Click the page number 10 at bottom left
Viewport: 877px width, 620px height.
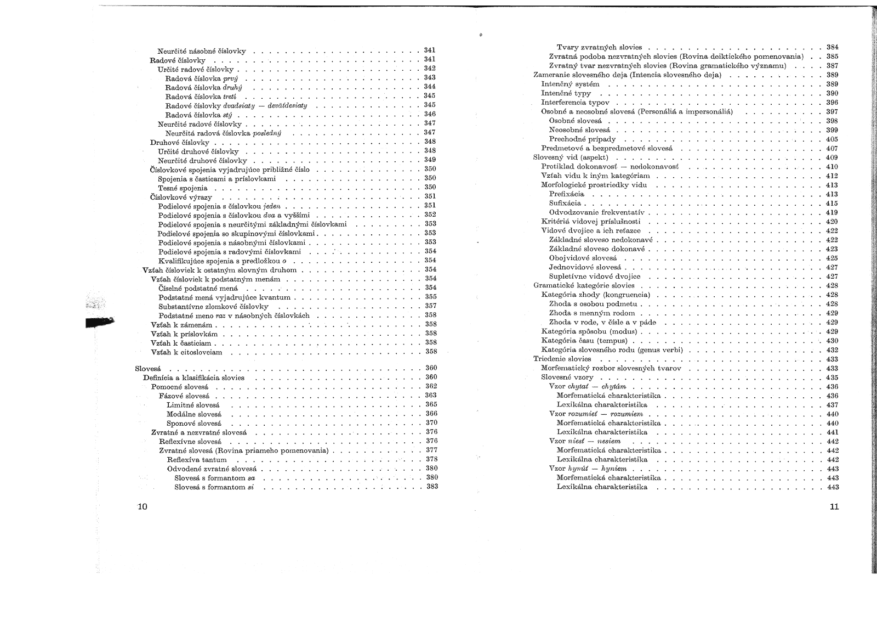(142, 507)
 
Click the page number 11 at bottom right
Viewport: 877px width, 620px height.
(834, 507)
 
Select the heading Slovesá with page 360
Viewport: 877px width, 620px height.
(147, 368)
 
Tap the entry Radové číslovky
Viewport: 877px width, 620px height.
(178, 60)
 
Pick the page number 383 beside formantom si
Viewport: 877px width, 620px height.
(432, 487)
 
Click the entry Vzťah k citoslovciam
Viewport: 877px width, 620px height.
(186, 352)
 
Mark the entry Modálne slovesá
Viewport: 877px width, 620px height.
(193, 414)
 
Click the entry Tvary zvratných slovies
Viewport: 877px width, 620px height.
(599, 47)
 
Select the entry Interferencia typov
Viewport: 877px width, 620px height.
(575, 103)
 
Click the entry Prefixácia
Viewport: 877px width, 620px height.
(566, 194)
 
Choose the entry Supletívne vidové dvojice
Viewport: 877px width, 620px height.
(594, 277)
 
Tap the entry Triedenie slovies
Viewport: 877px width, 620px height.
(562, 359)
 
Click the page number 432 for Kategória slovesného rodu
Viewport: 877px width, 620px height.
(832, 350)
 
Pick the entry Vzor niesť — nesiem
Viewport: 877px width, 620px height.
(585, 441)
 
